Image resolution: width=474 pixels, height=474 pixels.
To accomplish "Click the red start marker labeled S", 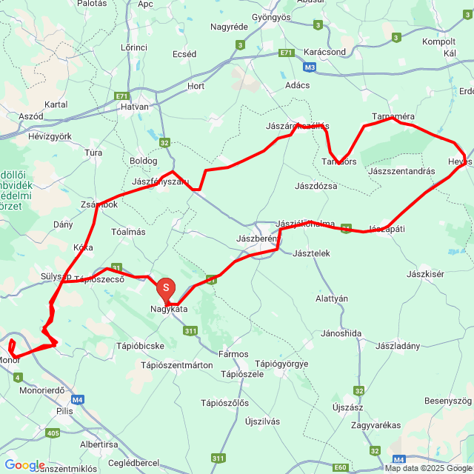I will (x=166, y=287).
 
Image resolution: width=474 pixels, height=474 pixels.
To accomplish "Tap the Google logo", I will (x=24, y=464).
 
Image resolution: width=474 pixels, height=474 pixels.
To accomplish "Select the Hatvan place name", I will (x=136, y=107).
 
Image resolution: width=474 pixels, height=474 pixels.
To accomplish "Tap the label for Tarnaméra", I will (x=393, y=117).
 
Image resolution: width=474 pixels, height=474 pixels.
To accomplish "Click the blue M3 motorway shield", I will (x=310, y=67).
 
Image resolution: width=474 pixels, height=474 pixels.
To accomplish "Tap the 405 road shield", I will (x=52, y=433).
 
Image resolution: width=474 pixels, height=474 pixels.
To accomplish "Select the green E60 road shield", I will (x=340, y=467).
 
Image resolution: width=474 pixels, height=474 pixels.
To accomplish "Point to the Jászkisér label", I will (x=425, y=274).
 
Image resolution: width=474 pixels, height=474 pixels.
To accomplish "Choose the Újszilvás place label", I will (x=262, y=421).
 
